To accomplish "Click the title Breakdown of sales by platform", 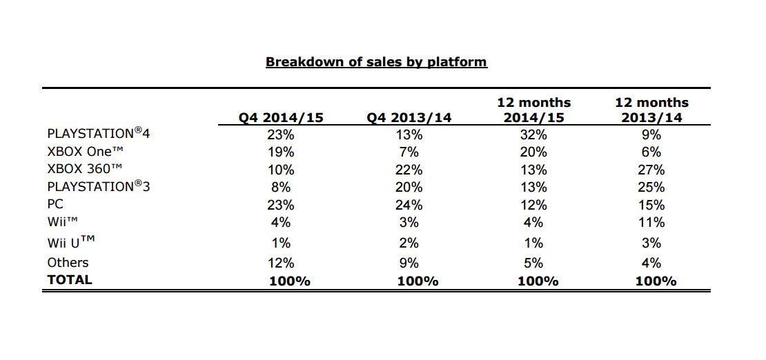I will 376,62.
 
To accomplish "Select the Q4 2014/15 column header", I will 281,117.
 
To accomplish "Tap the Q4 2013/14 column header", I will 409,117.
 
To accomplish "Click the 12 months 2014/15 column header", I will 534,110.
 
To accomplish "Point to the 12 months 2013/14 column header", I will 651,110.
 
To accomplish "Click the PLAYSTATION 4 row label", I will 98,133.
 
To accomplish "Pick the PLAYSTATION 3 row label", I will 98,187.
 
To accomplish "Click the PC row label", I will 55,205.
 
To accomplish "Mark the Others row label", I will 68,263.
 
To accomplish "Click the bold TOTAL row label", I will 69,280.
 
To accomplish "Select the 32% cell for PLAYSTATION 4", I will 533,134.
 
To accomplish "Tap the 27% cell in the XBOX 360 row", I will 651,170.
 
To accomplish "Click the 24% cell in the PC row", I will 409,205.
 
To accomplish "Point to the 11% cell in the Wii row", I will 651,223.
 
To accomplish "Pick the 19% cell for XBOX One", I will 281,152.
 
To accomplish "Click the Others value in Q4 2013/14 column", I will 409,263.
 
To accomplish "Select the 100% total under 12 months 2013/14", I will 651,281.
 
